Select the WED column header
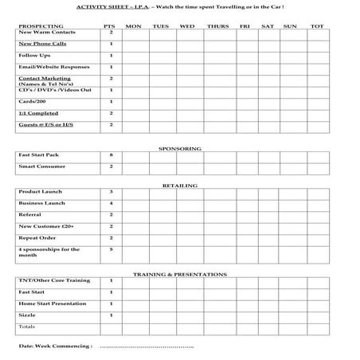point(186,25)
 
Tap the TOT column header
point(318,25)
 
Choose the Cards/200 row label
point(30,101)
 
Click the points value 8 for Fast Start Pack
point(111,155)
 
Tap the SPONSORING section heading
point(180,148)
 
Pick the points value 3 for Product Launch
point(111,192)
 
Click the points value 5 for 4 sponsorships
point(111,249)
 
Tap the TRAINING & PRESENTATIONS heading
point(180,274)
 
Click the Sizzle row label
point(26,315)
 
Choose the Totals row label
point(27,327)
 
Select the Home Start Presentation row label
point(53,303)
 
